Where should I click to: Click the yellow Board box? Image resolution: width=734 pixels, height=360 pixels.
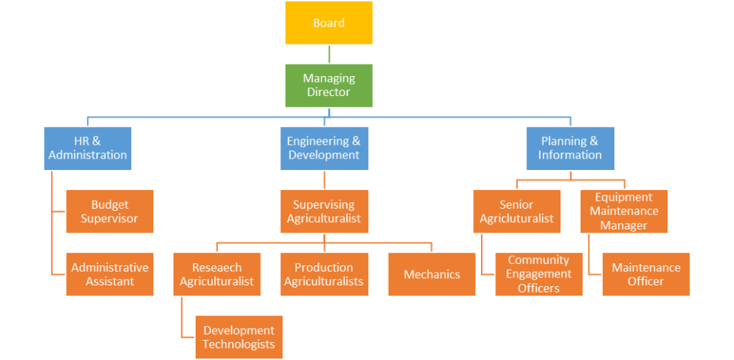pyautogui.click(x=328, y=23)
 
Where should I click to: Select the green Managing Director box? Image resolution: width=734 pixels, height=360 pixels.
pyautogui.click(x=328, y=85)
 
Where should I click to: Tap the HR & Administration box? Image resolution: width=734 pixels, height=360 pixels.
pyautogui.click(x=87, y=148)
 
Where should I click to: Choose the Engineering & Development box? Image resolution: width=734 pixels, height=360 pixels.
pyautogui.click(x=325, y=148)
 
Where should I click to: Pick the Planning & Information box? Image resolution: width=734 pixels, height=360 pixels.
pyautogui.click(x=570, y=148)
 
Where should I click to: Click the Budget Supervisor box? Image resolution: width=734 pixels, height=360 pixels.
pyautogui.click(x=110, y=211)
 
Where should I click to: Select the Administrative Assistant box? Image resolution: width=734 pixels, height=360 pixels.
pyautogui.click(x=110, y=275)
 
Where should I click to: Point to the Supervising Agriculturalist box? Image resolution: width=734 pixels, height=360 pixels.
pyautogui.click(x=325, y=211)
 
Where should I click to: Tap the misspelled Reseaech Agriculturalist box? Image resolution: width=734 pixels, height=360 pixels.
pyautogui.click(x=216, y=275)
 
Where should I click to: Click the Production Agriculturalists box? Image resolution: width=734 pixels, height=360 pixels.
pyautogui.click(x=325, y=275)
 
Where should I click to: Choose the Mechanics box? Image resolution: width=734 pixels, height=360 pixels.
pyautogui.click(x=432, y=275)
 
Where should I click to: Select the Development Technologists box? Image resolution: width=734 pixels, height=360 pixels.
pyautogui.click(x=239, y=337)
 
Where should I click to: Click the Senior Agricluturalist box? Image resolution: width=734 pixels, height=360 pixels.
pyautogui.click(x=517, y=211)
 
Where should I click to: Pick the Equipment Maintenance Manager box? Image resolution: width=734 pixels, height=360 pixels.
pyautogui.click(x=624, y=211)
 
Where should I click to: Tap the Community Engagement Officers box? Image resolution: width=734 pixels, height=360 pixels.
pyautogui.click(x=539, y=275)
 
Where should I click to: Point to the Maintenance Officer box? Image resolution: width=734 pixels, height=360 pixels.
pyautogui.click(x=646, y=275)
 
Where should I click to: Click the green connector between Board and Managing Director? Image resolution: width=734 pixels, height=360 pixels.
pyautogui.click(x=329, y=55)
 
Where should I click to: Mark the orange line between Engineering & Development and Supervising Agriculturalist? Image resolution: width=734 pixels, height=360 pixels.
pyautogui.click(x=325, y=180)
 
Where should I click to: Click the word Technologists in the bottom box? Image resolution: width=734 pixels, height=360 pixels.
pyautogui.click(x=239, y=344)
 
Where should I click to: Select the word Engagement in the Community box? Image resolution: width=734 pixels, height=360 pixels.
pyautogui.click(x=539, y=274)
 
